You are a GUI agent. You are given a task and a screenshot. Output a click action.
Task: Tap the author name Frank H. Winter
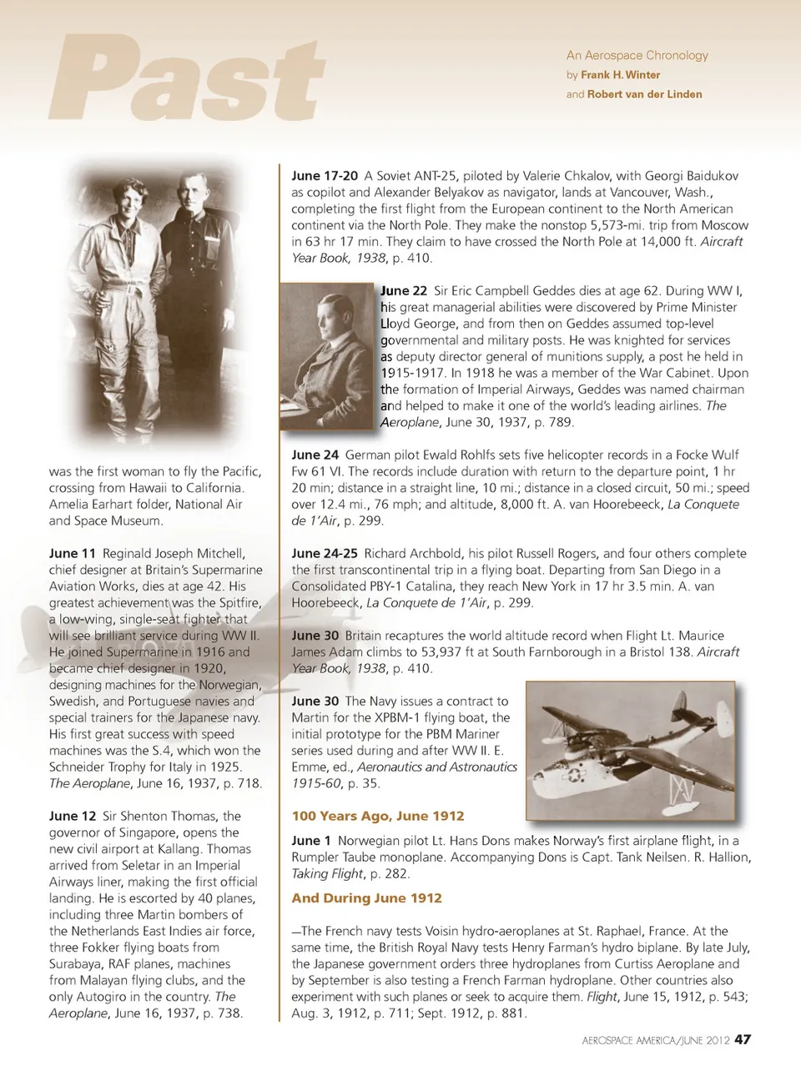(x=620, y=75)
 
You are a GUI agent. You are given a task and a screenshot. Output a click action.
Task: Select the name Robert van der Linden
(x=644, y=94)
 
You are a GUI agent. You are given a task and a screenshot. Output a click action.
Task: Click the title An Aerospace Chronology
(x=637, y=55)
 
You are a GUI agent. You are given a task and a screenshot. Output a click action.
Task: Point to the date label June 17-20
(x=324, y=176)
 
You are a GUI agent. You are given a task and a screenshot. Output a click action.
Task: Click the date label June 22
(x=404, y=291)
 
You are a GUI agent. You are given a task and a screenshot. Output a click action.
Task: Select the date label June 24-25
(x=324, y=553)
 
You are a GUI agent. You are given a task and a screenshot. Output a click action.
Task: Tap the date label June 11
(x=73, y=553)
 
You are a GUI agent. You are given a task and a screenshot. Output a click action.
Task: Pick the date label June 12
(x=73, y=816)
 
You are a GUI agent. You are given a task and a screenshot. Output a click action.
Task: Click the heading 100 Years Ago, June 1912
(x=377, y=816)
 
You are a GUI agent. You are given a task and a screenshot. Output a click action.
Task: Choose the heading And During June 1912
(x=366, y=898)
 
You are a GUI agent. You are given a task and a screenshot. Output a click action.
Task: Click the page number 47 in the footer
(x=743, y=1039)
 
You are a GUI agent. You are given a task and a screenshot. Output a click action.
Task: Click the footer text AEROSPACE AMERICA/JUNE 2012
(x=656, y=1040)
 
